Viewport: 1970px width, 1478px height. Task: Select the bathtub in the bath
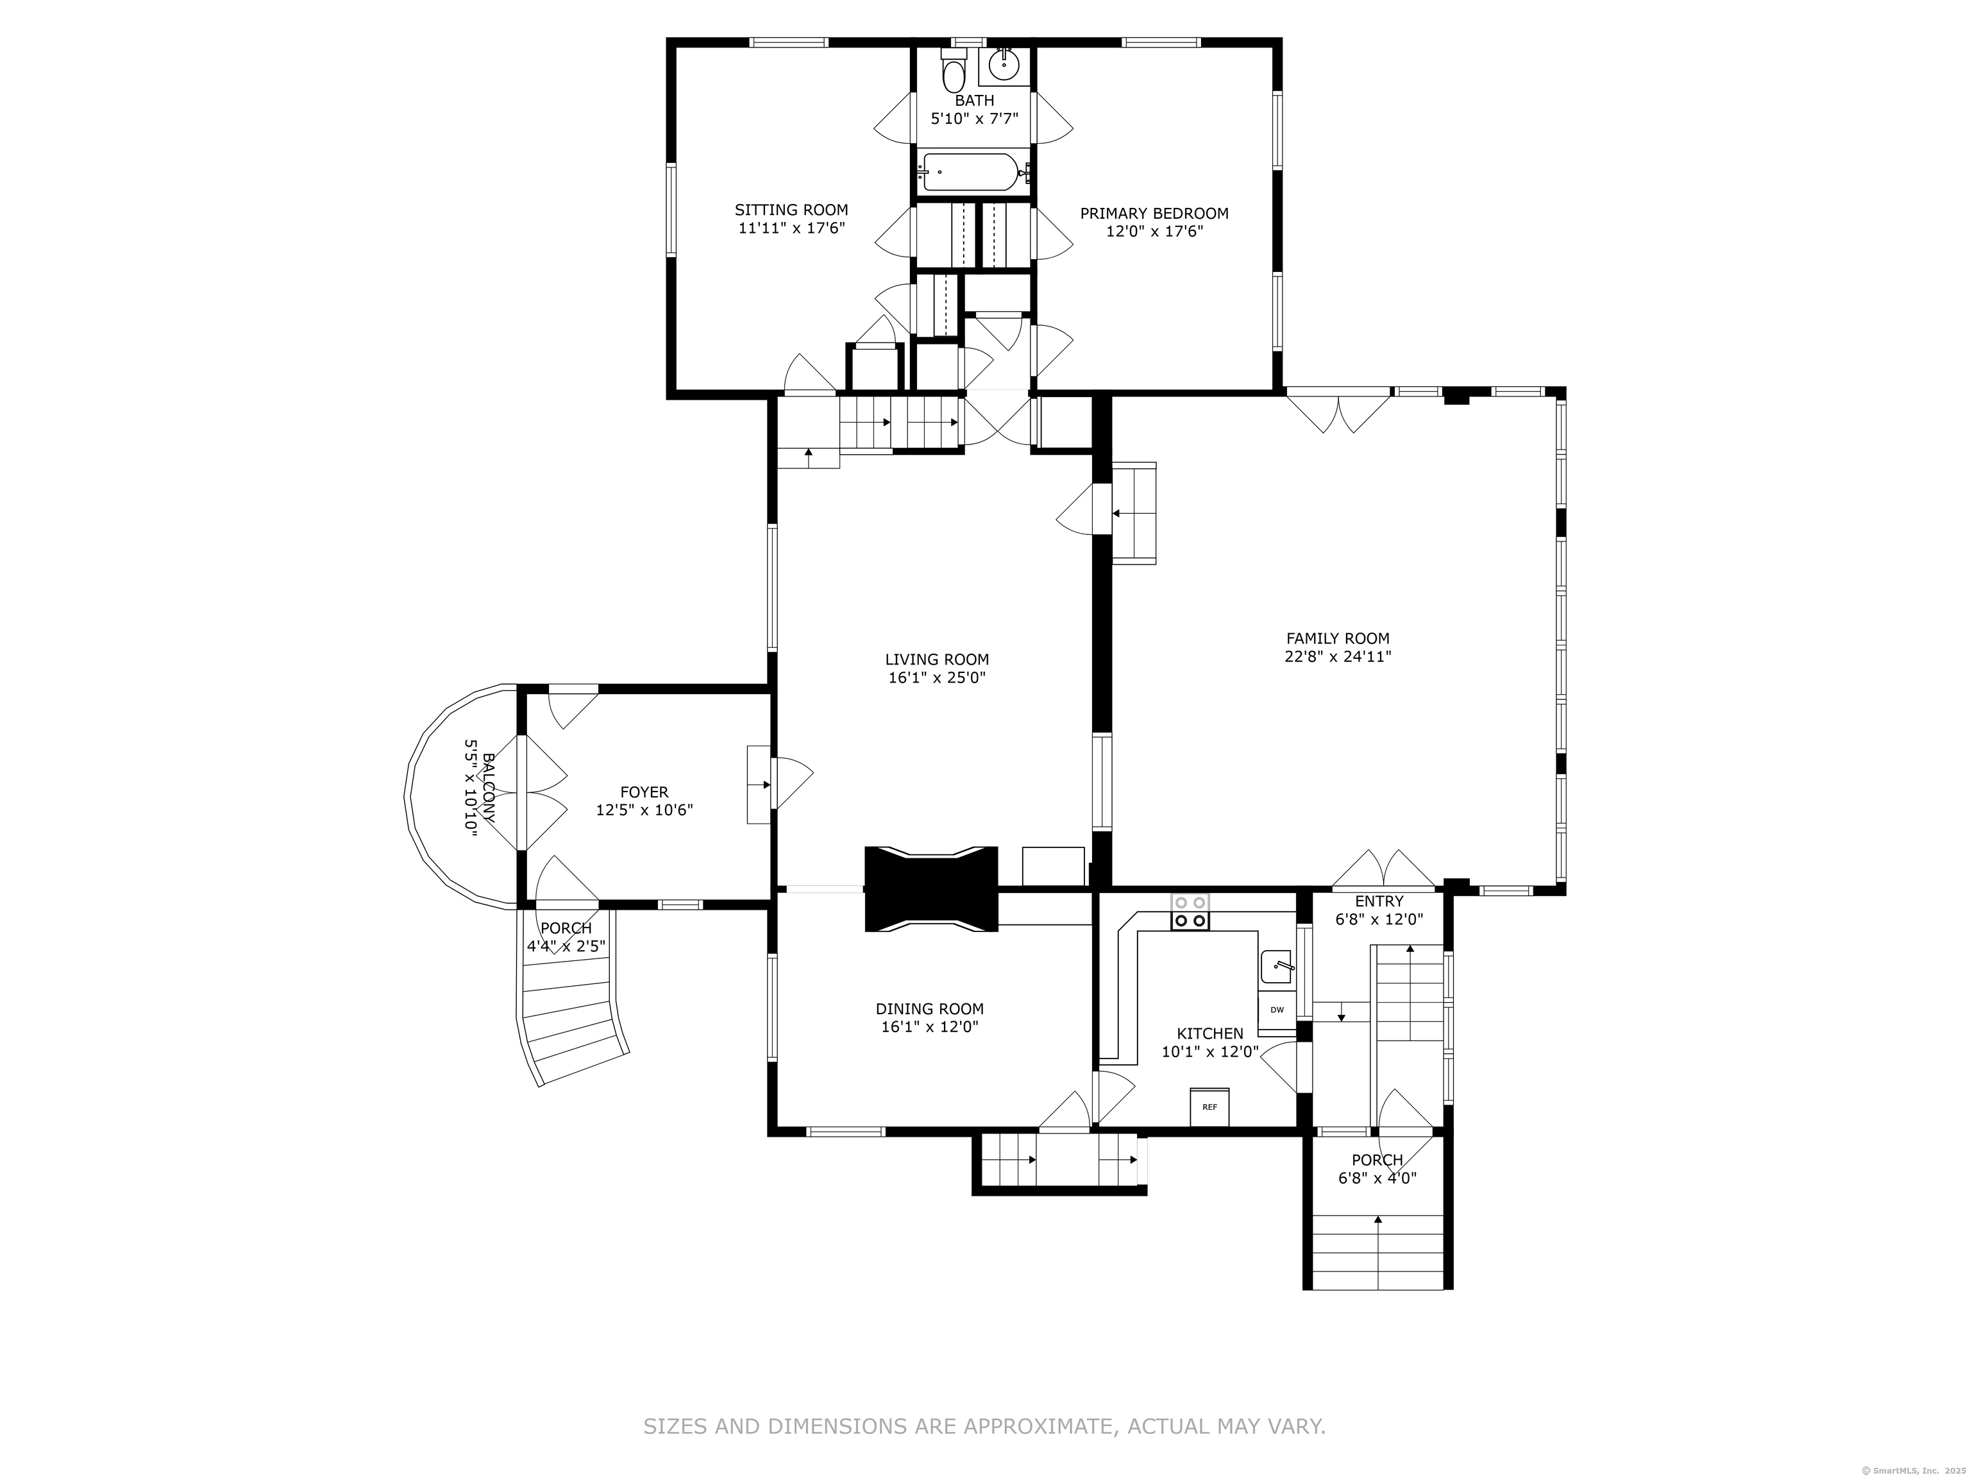[x=973, y=172]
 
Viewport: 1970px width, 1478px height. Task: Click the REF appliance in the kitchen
[x=1209, y=1107]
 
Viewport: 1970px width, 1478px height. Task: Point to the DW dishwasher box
[x=1277, y=1009]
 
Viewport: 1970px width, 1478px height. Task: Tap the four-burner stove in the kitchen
[x=1190, y=912]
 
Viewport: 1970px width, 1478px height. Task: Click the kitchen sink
[x=1278, y=967]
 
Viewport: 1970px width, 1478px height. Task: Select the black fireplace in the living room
[x=932, y=889]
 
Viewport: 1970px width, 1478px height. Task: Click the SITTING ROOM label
[x=791, y=210]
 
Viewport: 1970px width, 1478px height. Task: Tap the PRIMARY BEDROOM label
[x=1154, y=214]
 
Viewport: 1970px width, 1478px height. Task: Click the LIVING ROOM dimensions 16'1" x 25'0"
[x=937, y=677]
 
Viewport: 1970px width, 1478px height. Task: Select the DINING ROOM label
[x=930, y=1008]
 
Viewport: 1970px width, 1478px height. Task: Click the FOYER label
[x=644, y=792]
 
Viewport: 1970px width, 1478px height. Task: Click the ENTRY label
[x=1379, y=901]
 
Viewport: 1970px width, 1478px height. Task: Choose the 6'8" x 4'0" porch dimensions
[x=1377, y=1178]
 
